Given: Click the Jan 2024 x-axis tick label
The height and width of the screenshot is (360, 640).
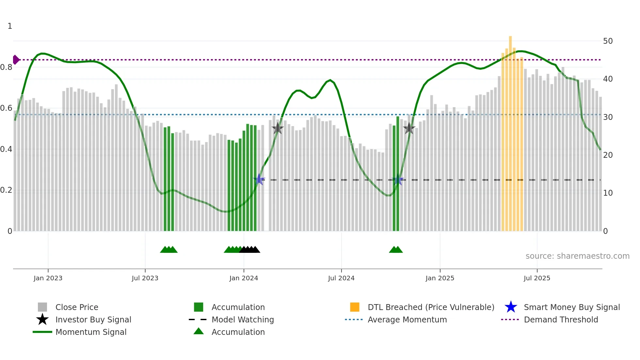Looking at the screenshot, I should point(244,278).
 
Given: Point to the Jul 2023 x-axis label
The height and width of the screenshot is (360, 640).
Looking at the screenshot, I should point(145,278).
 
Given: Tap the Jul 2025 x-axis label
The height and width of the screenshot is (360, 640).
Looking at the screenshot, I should point(537,278).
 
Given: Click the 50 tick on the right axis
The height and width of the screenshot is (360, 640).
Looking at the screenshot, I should point(608,41).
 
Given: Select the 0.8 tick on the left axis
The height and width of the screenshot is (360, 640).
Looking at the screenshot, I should point(6,67).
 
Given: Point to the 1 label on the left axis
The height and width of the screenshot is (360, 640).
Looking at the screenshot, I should point(10,26).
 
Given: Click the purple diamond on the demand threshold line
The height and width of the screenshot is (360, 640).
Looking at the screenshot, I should point(16,60).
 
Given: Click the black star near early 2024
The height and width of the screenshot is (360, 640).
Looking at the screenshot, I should point(278,128).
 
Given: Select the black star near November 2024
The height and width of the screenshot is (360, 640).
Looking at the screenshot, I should point(409,128).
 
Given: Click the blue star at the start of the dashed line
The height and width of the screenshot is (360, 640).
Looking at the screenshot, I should point(259,179).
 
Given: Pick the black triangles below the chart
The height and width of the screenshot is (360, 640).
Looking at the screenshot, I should point(249,250).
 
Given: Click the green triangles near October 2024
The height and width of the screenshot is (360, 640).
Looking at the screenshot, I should point(396,250).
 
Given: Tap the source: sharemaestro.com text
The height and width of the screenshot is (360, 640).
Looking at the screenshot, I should point(577,256).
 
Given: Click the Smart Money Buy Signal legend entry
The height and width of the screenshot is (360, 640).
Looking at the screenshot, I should point(571,307).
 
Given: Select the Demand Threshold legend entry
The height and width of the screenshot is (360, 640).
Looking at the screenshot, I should point(561,319).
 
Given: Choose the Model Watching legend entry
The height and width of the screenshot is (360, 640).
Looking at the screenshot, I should point(242,319).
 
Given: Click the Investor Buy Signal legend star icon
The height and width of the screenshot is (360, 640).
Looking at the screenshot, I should point(42,319).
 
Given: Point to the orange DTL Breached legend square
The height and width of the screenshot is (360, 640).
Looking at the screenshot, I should point(355,307).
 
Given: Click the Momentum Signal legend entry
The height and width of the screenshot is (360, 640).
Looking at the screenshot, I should point(91,332).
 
